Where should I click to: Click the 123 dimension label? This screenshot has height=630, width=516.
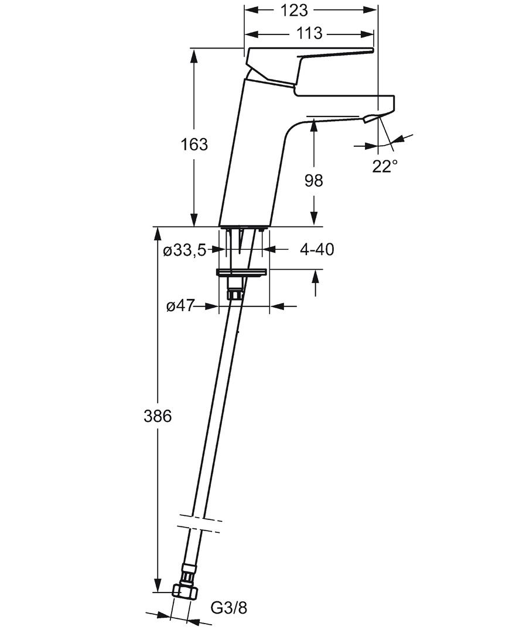pyautogui.click(x=293, y=11)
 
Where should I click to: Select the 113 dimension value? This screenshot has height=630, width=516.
pyautogui.click(x=309, y=33)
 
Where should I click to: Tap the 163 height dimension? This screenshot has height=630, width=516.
pyautogui.click(x=194, y=144)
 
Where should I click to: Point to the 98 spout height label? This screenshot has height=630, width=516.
pyautogui.click(x=314, y=181)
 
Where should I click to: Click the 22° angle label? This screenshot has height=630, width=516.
pyautogui.click(x=385, y=166)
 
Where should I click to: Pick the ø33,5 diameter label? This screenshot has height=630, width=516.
pyautogui.click(x=184, y=251)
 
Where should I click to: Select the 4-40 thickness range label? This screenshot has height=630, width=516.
pyautogui.click(x=317, y=250)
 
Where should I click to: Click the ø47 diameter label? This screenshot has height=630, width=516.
pyautogui.click(x=180, y=307)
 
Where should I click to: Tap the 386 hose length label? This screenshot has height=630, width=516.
pyautogui.click(x=158, y=416)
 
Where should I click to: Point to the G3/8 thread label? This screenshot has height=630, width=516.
pyautogui.click(x=229, y=608)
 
